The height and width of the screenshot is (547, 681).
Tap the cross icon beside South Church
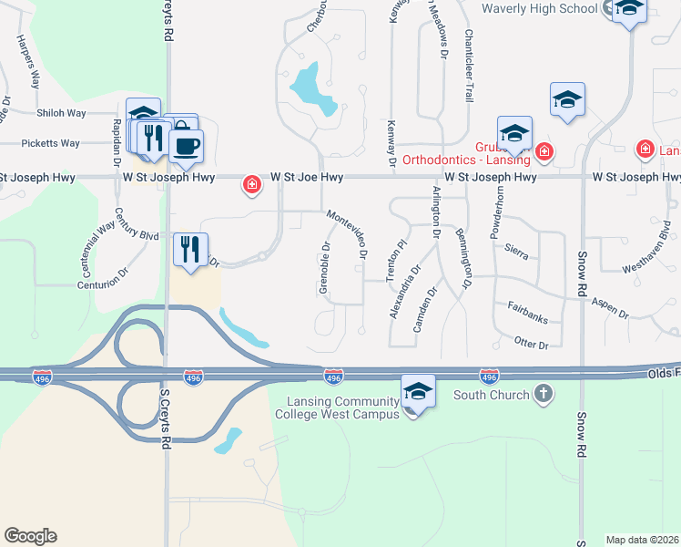[543, 394]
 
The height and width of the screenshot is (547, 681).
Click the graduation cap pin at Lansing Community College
[418, 392]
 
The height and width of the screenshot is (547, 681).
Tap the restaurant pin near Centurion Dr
[191, 248]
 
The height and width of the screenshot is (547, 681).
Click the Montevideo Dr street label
[347, 234]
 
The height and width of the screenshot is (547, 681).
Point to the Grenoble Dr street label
[325, 267]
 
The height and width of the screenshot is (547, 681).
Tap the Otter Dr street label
[531, 345]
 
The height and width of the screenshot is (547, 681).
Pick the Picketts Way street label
[51, 143]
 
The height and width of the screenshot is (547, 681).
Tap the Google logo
[30, 536]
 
